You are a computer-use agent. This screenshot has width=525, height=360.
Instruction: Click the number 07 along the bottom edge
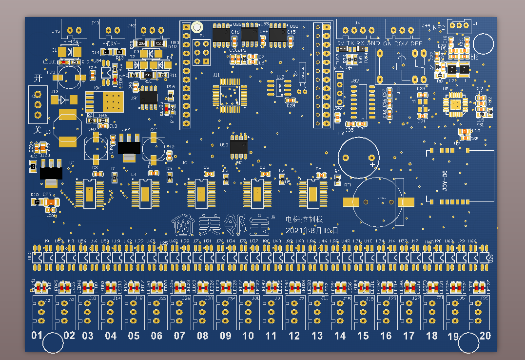point(179,336)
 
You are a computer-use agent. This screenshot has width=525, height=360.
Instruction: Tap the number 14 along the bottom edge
point(340,336)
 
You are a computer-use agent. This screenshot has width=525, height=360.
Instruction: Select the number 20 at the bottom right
point(486,336)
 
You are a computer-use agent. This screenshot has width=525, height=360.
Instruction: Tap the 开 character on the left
point(38,78)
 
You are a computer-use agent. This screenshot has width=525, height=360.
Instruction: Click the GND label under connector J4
point(374,43)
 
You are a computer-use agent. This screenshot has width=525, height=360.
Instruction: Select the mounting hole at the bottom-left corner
point(53,343)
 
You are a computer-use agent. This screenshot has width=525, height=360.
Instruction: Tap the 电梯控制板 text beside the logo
point(304,220)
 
